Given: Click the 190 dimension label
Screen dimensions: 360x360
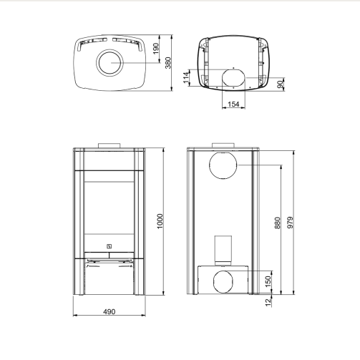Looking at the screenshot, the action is pyautogui.click(x=156, y=49).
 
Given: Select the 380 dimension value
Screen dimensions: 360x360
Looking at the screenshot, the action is pyautogui.click(x=168, y=63).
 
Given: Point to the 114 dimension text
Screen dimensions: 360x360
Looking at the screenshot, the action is pyautogui.click(x=186, y=77).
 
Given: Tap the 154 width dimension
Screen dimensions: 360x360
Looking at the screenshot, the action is pyautogui.click(x=233, y=104).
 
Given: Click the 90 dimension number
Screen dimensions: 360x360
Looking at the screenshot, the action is pyautogui.click(x=281, y=84).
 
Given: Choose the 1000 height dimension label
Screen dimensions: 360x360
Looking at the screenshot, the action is pyautogui.click(x=160, y=221).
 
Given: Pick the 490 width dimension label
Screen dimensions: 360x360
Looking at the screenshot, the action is pyautogui.click(x=110, y=311).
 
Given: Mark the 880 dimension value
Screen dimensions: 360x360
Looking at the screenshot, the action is pyautogui.click(x=278, y=223).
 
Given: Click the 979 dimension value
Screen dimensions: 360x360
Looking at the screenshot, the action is pyautogui.click(x=290, y=223).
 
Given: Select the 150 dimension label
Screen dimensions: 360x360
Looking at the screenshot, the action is pyautogui.click(x=268, y=281).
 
